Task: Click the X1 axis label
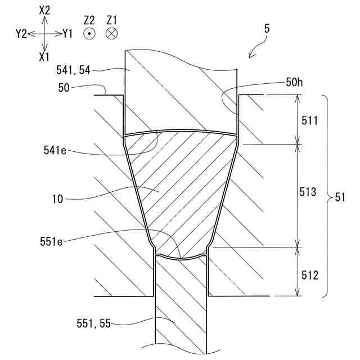(x=45, y=56)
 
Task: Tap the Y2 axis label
(x=21, y=34)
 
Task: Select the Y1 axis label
(x=67, y=34)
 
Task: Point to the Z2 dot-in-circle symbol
(x=88, y=34)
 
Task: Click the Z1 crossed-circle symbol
(x=111, y=34)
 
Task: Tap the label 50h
(x=294, y=83)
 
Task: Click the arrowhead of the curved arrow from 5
(x=249, y=56)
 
